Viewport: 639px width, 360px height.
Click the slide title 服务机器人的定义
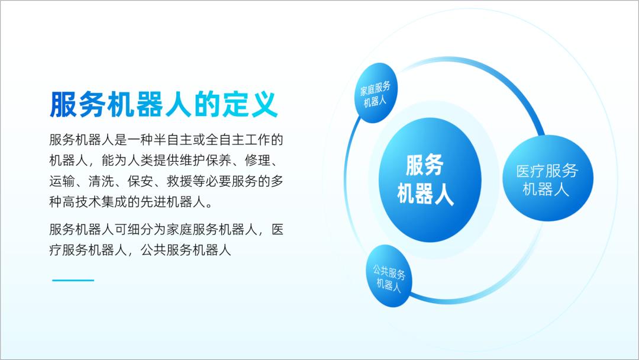point(164,105)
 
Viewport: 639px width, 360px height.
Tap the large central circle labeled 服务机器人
point(421,179)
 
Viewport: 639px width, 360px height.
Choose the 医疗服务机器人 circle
point(547,180)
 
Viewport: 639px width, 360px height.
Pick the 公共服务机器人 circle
point(389,277)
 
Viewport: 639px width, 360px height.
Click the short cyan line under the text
point(73,280)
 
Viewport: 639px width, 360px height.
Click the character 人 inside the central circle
point(443,194)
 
